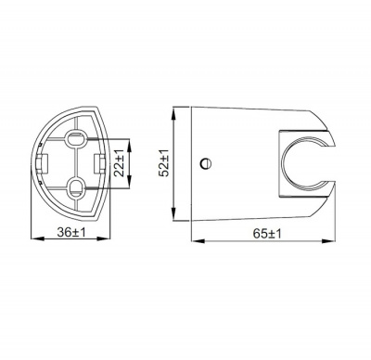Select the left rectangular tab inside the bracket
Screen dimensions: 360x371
point(44,163)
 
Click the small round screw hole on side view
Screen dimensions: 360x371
point(205,164)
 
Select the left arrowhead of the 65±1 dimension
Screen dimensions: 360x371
point(195,242)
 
